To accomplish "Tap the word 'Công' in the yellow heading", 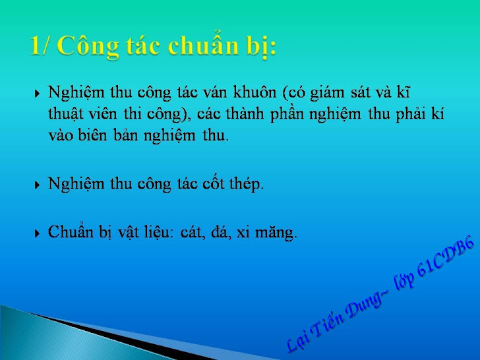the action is pyautogui.click(x=88, y=47).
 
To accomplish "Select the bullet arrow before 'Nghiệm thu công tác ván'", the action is pyautogui.click(x=37, y=94).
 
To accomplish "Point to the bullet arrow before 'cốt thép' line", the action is pyautogui.click(x=37, y=185).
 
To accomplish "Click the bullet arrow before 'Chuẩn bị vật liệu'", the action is pyautogui.click(x=37, y=233).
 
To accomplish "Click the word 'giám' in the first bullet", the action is pyautogui.click(x=328, y=93).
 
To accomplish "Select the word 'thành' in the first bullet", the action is pyautogui.click(x=245, y=113).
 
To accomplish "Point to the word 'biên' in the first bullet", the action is pyautogui.click(x=92, y=135).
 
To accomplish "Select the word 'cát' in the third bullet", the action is pyautogui.click(x=191, y=233).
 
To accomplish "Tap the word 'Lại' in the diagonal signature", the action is pyautogui.click(x=299, y=341).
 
